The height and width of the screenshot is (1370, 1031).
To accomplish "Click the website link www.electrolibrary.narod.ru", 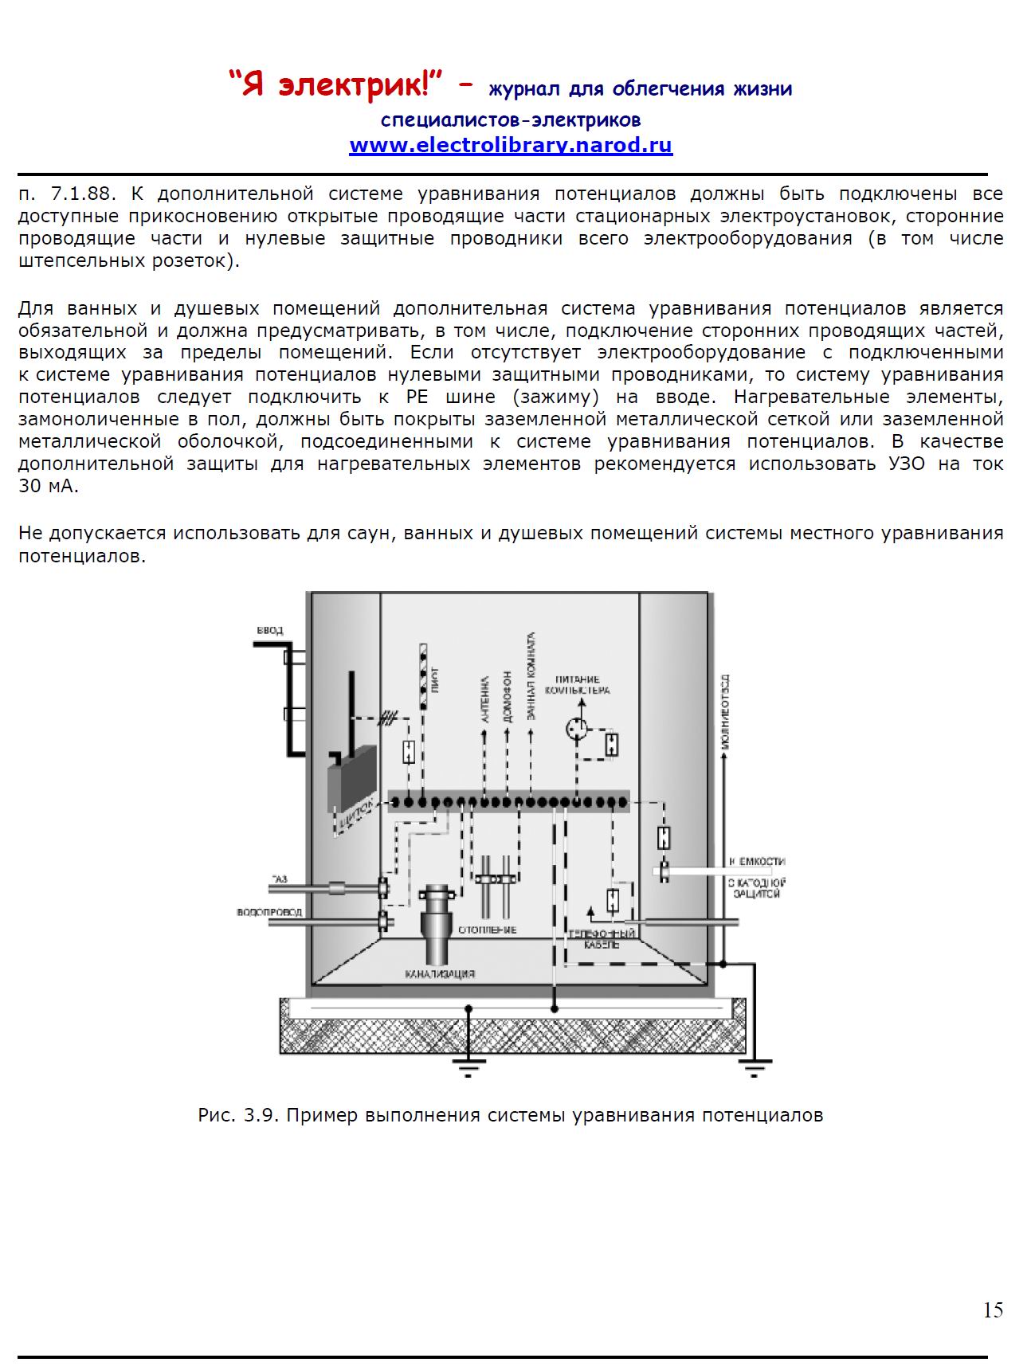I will pyautogui.click(x=511, y=146).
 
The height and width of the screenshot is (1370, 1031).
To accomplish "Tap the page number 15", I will pyautogui.click(x=993, y=1310).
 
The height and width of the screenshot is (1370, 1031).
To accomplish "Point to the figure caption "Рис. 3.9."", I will pyautogui.click(x=237, y=1115).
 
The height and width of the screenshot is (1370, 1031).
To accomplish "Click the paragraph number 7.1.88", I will pyautogui.click(x=84, y=194).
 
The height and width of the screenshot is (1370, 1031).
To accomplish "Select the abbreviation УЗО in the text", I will pyautogui.click(x=906, y=464).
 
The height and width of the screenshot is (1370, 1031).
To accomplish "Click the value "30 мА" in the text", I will pyautogui.click(x=48, y=486).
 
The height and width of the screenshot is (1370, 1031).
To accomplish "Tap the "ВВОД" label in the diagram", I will pyautogui.click(x=270, y=631).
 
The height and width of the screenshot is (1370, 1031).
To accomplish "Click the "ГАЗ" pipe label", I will pyautogui.click(x=279, y=879).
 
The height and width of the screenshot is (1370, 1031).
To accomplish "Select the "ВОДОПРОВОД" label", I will pyautogui.click(x=269, y=912).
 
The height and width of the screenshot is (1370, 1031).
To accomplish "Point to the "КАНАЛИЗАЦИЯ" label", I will pyautogui.click(x=440, y=973).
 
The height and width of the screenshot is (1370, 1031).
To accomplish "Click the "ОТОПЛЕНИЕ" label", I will pyautogui.click(x=487, y=930).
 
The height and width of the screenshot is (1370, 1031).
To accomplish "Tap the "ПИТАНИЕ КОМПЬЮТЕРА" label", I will pyautogui.click(x=578, y=685).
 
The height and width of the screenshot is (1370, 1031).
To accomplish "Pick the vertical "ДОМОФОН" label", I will pyautogui.click(x=508, y=695).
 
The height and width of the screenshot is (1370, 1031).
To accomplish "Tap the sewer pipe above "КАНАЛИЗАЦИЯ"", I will pyautogui.click(x=437, y=924).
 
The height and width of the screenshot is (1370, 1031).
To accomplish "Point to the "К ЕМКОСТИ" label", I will pyautogui.click(x=756, y=862).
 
